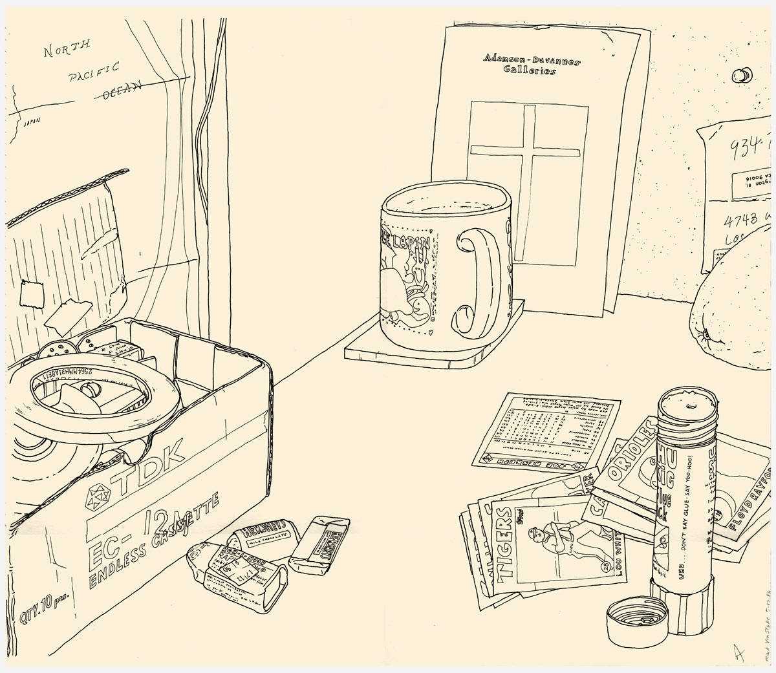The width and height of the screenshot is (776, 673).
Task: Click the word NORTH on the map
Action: point(67,50)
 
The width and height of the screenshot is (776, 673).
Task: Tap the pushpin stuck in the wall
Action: point(739,75)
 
